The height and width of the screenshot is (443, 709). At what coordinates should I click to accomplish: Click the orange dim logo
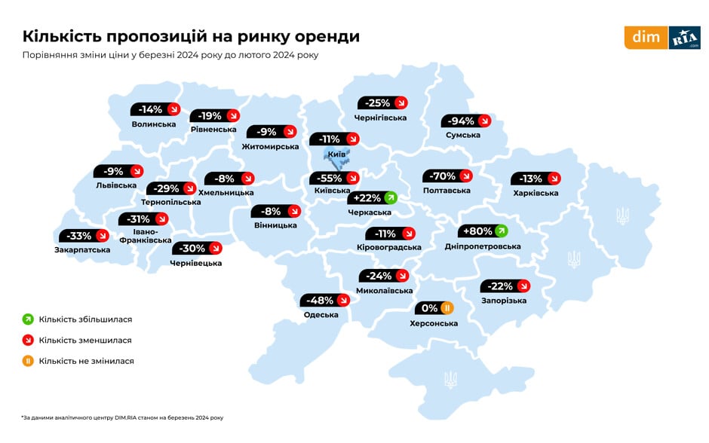[x=646, y=38]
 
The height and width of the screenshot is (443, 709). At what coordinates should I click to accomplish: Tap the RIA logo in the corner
[x=684, y=38]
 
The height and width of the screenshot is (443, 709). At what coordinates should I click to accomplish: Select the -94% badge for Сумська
[x=467, y=121]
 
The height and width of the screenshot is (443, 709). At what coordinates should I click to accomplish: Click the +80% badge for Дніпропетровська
[x=483, y=231]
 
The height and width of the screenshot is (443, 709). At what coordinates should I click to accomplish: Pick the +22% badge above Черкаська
[x=372, y=198]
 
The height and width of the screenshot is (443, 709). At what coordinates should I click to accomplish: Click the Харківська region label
[x=536, y=194]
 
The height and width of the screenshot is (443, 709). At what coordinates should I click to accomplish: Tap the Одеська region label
[x=321, y=315]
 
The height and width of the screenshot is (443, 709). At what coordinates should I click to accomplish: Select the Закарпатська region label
[x=82, y=250]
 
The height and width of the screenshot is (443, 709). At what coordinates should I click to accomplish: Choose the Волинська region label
[x=153, y=124]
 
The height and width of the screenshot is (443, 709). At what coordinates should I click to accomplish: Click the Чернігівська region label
[x=380, y=118]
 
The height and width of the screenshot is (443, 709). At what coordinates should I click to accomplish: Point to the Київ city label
[x=336, y=154]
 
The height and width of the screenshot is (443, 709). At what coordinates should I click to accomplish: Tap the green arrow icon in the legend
[x=28, y=319]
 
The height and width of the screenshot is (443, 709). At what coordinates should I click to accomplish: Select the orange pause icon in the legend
[x=28, y=361]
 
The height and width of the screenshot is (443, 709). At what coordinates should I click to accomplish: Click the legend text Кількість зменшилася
[x=84, y=341]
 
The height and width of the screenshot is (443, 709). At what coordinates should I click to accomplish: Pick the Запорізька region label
[x=503, y=301]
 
